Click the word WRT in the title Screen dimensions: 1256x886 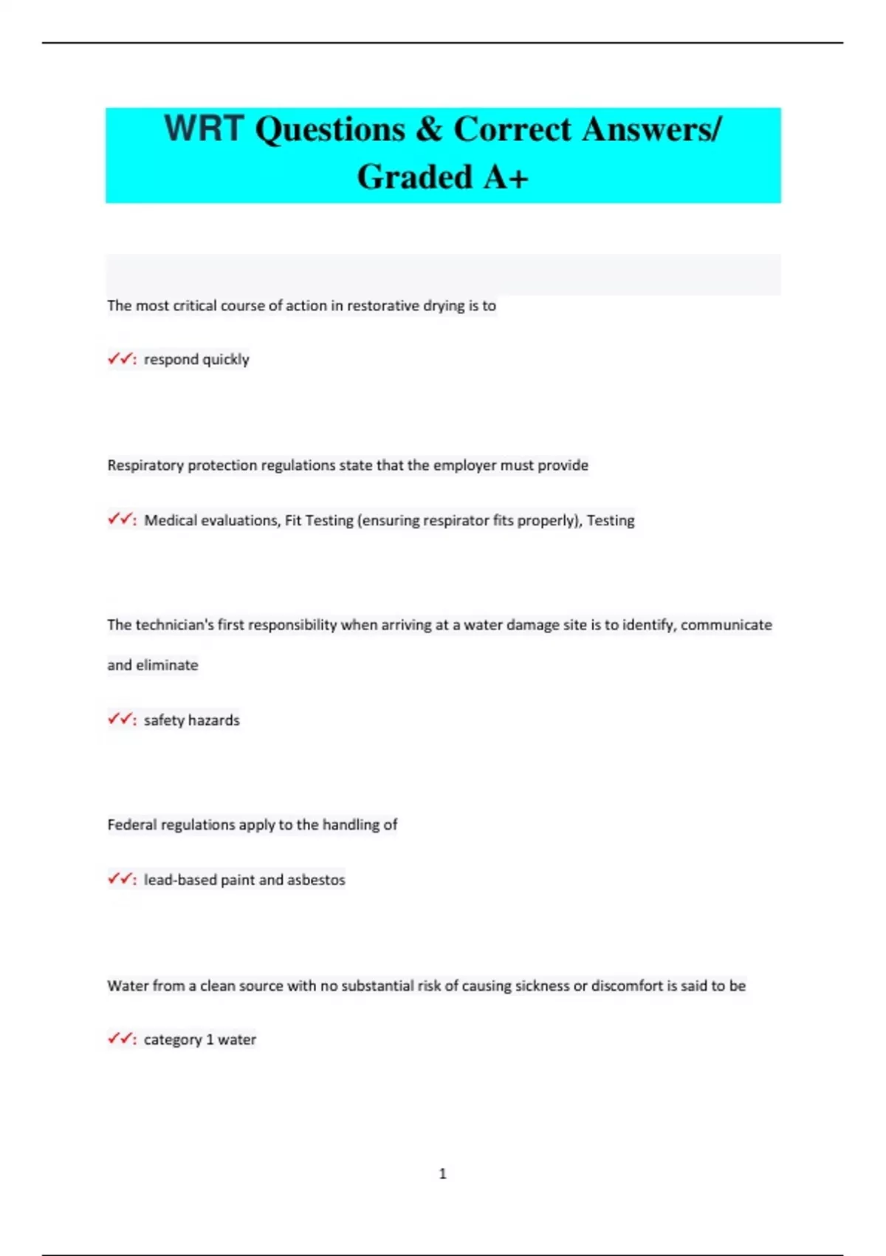click(203, 129)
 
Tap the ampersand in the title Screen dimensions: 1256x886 click(428, 129)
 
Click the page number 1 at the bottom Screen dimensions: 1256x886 click(443, 1173)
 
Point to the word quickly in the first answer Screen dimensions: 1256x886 click(226, 360)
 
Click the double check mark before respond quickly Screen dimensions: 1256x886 click(120, 359)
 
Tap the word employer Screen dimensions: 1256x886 click(465, 465)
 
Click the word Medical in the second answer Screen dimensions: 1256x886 click(169, 520)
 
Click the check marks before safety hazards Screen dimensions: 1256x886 click(120, 719)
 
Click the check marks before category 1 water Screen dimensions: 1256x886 click(120, 1039)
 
